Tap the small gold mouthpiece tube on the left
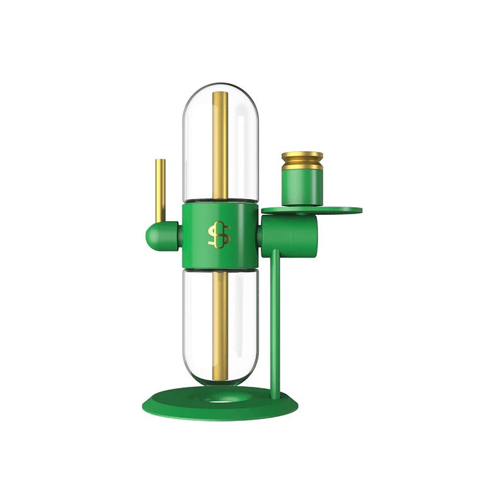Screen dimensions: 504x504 (x=161, y=189)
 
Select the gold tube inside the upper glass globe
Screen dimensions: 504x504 (x=220, y=145)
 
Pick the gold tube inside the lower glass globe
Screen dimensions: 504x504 (x=220, y=321)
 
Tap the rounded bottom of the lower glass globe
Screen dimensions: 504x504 (x=220, y=382)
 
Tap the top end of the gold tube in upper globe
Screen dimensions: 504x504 (x=220, y=94)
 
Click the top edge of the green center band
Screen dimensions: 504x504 (x=220, y=203)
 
